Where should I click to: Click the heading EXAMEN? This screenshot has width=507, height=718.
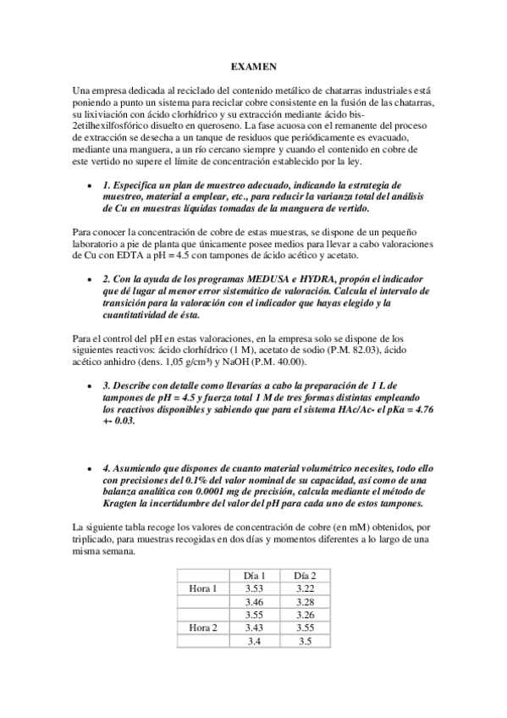(253, 65)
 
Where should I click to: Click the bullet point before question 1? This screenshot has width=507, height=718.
(90, 185)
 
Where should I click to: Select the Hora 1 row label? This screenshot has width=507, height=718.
(203, 588)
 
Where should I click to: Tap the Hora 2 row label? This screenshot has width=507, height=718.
(203, 627)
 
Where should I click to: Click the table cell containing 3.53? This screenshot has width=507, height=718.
(255, 588)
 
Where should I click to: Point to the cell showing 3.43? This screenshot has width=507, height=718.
(255, 627)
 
